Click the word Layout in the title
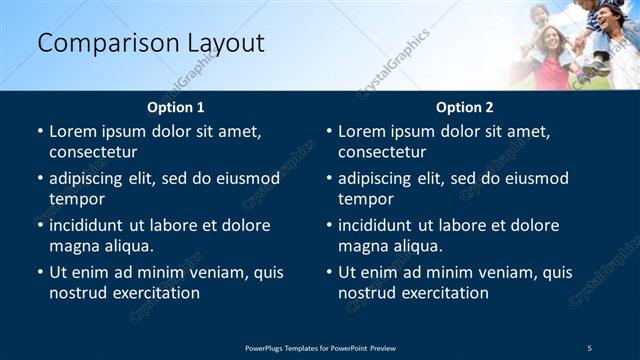pyautogui.click(x=227, y=43)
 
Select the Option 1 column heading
pyautogui.click(x=176, y=107)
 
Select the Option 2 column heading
pyautogui.click(x=465, y=107)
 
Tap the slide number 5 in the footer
pyautogui.click(x=590, y=347)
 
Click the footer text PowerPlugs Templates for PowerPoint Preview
pyautogui.click(x=320, y=347)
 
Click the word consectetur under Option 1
pyautogui.click(x=93, y=152)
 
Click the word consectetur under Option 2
pyautogui.click(x=382, y=152)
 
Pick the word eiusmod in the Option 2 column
pyautogui.click(x=535, y=178)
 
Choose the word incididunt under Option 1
pyautogui.click(x=89, y=225)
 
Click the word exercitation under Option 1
pyautogui.click(x=154, y=293)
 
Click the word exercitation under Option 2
pyautogui.click(x=443, y=293)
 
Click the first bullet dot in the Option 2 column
pyautogui.click(x=329, y=132)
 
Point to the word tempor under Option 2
pyautogui.click(x=364, y=199)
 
